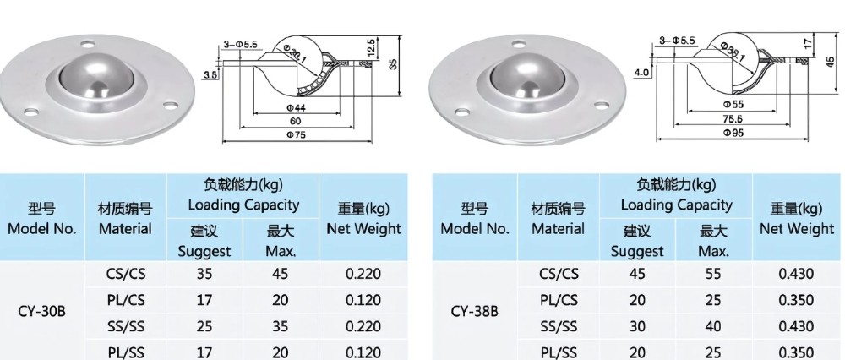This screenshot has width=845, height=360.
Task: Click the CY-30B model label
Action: [x=41, y=310]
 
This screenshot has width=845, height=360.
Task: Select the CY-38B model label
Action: [x=474, y=310]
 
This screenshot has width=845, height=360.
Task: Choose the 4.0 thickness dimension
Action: [x=641, y=73]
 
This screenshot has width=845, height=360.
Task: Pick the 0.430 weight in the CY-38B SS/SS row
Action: [x=796, y=326]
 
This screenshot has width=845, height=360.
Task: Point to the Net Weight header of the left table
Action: [x=363, y=219]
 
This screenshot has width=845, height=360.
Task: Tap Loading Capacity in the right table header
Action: [x=676, y=205]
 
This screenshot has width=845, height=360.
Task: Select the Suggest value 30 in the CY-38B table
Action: [x=636, y=326]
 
